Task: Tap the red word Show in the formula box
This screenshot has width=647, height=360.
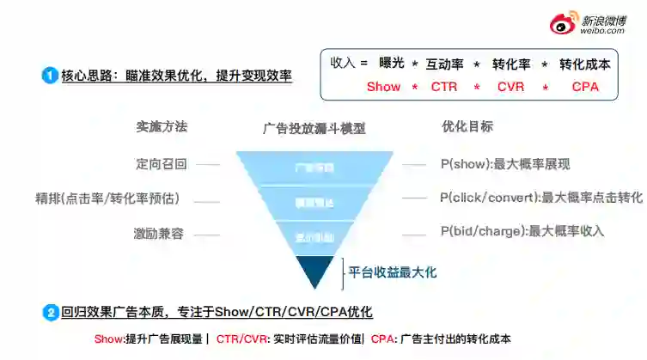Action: [383, 87]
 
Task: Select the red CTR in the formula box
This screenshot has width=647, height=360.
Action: [444, 87]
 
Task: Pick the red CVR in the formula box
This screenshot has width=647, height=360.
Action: [510, 87]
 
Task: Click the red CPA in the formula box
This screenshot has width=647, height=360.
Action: [585, 87]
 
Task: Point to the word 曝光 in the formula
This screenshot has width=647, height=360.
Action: [392, 64]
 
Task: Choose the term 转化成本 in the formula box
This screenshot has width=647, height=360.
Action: [585, 64]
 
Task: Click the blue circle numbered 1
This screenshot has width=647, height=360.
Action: [49, 76]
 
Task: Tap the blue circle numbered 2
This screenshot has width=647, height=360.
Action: [49, 312]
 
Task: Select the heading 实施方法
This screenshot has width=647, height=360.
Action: [161, 126]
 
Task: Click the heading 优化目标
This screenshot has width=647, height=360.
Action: [467, 126]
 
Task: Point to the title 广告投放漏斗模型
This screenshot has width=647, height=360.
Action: [314, 129]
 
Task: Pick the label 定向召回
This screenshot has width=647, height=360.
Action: [161, 163]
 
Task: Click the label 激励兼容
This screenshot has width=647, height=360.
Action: [158, 233]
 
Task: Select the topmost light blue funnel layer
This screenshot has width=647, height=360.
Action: [314, 168]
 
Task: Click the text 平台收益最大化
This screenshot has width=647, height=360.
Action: [393, 272]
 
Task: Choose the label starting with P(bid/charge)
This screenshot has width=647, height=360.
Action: [522, 231]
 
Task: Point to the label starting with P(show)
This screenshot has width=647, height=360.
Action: [505, 164]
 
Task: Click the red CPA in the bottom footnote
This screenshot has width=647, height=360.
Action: [383, 339]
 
